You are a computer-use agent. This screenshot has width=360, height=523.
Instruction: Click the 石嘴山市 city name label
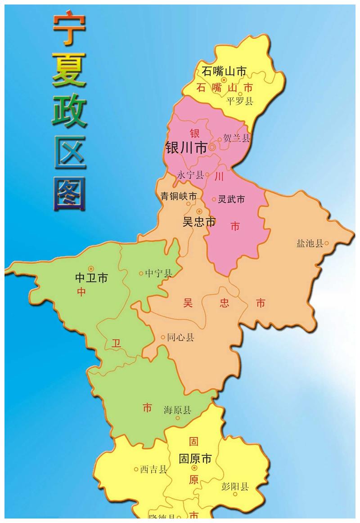tap(224, 71)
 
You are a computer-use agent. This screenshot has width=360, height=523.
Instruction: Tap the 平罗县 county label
tap(240, 101)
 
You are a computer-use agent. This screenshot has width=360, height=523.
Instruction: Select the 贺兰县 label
tap(236, 139)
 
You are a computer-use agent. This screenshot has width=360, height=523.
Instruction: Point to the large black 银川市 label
tap(186, 148)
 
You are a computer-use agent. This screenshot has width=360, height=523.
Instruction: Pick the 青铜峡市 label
tap(179, 197)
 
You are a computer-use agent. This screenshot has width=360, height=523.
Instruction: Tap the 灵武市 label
tap(231, 199)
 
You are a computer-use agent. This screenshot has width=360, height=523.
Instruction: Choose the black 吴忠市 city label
tap(199, 222)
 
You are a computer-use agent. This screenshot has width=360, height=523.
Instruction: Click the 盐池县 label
tap(310, 244)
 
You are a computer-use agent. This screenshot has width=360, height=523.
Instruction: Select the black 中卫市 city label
tap(91, 278)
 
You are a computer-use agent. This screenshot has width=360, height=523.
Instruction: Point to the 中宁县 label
tap(158, 273)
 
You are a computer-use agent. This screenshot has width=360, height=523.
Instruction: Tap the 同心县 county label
tap(180, 337)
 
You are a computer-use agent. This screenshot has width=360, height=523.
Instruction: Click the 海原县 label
tap(177, 410)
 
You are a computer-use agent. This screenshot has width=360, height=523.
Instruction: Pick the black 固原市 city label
tap(195, 459)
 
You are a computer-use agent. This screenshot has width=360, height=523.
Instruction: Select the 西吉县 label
tap(153, 469)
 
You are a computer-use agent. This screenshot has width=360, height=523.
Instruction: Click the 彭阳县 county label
tap(235, 487)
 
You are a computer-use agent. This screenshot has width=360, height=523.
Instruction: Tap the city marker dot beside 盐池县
tap(327, 243)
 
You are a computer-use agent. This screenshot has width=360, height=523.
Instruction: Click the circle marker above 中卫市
tap(91, 268)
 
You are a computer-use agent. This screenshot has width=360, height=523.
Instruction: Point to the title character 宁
tap(69, 28)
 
